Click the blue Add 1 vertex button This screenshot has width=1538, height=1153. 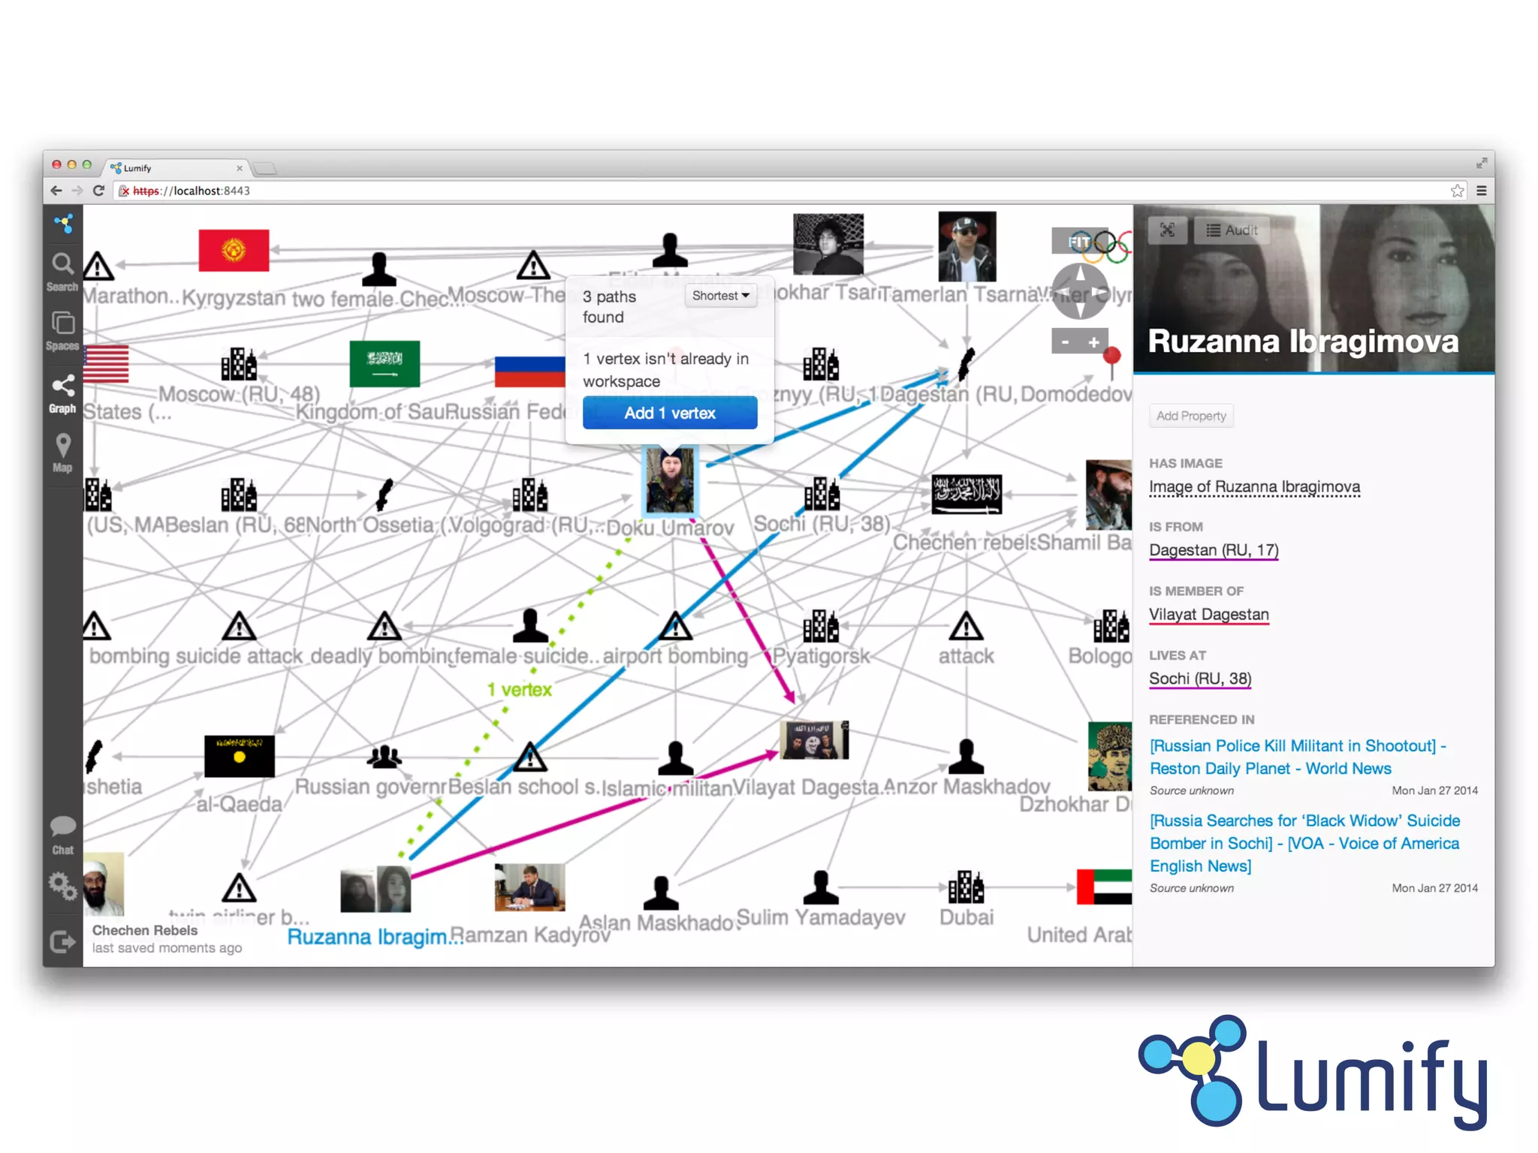pos(669,413)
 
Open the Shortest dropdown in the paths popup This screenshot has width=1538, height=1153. pos(720,296)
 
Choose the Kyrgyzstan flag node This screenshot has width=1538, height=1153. pos(234,250)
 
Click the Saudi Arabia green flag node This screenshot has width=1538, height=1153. pos(384,364)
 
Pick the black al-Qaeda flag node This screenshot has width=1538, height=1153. pos(240,756)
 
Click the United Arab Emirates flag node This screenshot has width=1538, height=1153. pos(1104,887)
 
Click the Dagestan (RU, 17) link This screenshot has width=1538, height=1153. pos(1214,550)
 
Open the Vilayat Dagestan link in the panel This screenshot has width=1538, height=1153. pos(1209,615)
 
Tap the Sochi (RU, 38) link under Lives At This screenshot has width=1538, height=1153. pos(1200,679)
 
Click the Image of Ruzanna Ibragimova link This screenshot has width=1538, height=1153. pos(1254,486)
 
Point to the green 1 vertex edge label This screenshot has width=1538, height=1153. pos(519,689)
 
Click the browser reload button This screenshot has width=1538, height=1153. pos(98,191)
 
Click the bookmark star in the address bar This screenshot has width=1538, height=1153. pos(1457,191)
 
